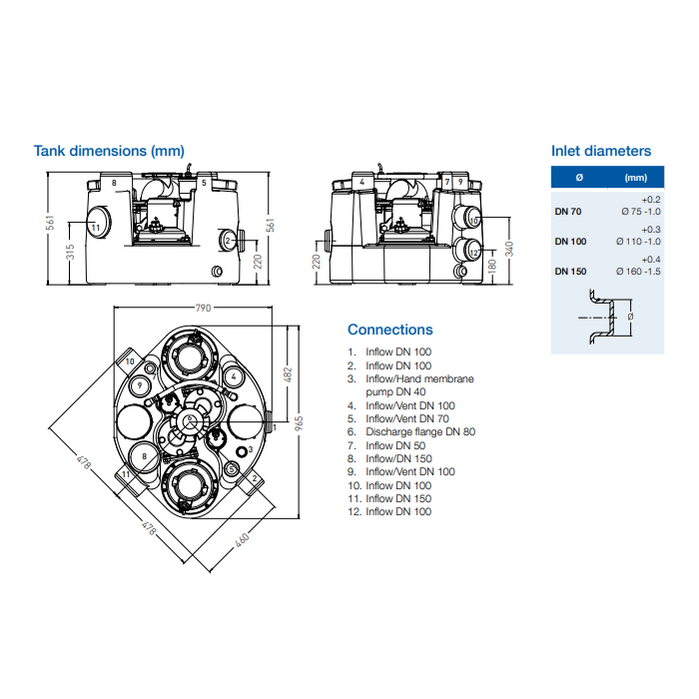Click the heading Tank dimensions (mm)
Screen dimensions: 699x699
point(109,151)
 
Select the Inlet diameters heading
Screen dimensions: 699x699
point(600,151)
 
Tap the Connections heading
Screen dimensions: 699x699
point(389,330)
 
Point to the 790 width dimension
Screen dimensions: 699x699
point(203,310)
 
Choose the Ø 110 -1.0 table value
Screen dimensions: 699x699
point(639,241)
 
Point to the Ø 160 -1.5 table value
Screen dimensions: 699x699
point(639,272)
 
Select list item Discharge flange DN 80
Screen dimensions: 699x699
point(419,432)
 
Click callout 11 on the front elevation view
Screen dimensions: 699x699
point(96,227)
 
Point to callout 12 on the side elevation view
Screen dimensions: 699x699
point(473,253)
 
